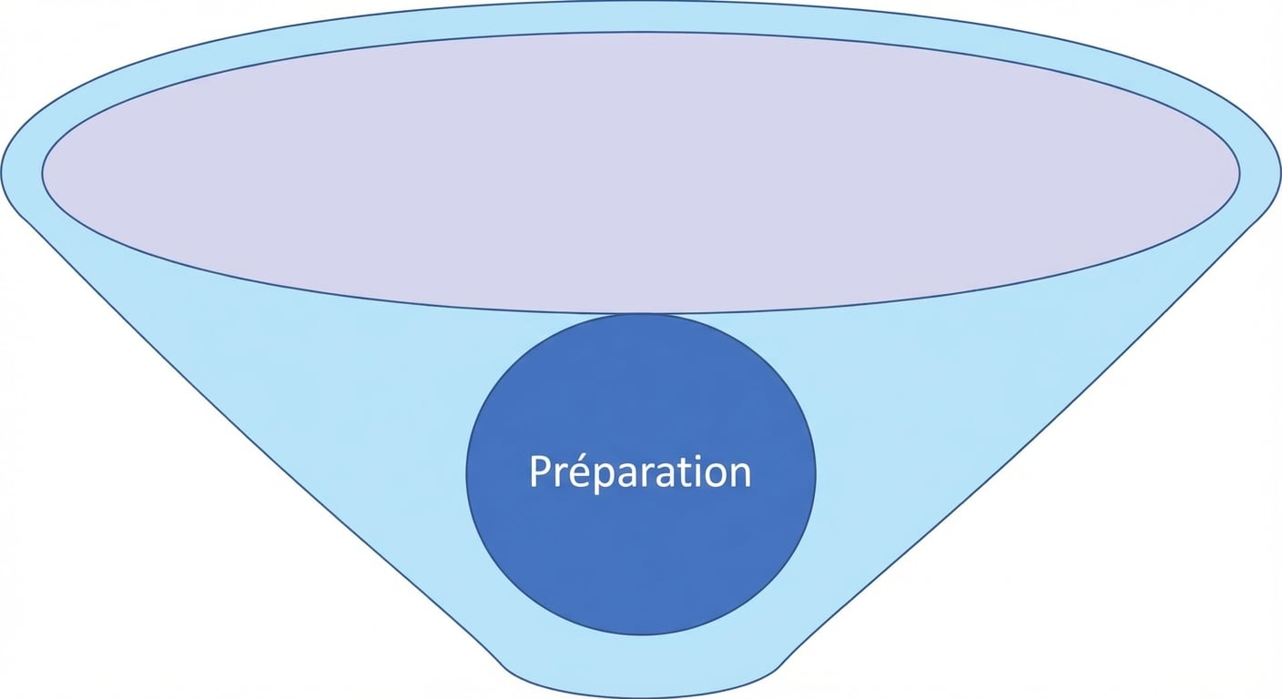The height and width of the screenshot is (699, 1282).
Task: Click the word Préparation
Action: click(640, 473)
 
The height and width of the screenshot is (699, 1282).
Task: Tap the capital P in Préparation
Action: click(541, 471)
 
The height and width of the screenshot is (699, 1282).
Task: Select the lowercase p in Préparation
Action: click(608, 480)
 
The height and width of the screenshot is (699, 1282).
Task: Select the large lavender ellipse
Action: click(641, 172)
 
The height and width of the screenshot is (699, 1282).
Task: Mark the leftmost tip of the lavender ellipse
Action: click(42, 172)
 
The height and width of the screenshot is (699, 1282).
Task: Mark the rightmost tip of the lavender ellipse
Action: click(1240, 172)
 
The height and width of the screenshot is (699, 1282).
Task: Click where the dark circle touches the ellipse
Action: click(641, 313)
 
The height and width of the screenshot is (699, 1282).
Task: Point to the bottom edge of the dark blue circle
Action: click(641, 634)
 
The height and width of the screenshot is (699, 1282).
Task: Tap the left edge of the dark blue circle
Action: click(466, 473)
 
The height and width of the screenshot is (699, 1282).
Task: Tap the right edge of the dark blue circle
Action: click(816, 473)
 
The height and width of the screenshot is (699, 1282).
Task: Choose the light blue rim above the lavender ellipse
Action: click(641, 16)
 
